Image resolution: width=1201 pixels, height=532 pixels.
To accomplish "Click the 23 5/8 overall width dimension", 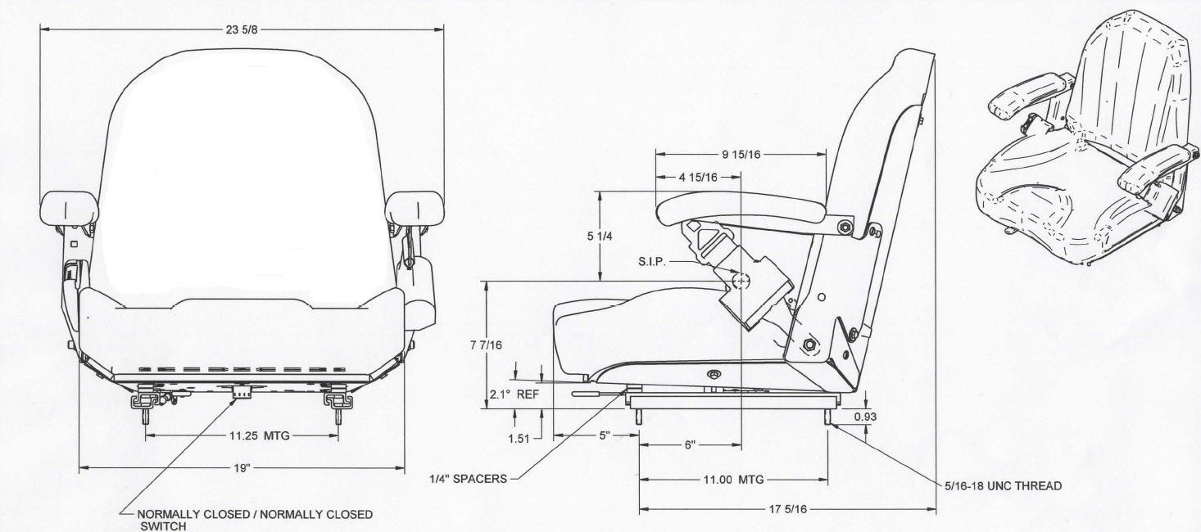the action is click(242, 29).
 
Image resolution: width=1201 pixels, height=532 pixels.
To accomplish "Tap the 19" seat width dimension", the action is click(242, 468).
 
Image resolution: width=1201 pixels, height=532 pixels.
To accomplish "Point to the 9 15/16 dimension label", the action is click(741, 155).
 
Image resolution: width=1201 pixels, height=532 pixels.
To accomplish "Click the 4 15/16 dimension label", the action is click(698, 178).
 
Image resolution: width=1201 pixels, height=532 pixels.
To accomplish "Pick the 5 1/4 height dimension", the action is click(600, 236).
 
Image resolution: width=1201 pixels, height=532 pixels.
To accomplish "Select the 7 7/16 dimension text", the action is click(487, 345).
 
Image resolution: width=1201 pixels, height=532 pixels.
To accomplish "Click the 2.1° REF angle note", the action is click(514, 394).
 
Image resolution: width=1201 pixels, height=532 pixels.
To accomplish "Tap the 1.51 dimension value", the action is click(519, 439).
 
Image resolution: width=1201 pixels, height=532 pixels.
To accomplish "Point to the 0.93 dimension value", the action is click(866, 417).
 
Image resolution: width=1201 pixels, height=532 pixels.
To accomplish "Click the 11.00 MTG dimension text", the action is click(733, 480).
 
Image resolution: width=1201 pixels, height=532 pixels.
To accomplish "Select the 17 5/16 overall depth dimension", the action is click(787, 509).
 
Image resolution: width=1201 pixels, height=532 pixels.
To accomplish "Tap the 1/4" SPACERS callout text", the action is click(468, 479).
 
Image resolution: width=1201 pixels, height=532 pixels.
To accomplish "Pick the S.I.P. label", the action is click(652, 262).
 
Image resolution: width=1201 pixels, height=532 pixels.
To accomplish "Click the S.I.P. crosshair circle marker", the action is click(741, 280).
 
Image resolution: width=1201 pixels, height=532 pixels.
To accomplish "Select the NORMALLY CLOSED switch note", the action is click(255, 520).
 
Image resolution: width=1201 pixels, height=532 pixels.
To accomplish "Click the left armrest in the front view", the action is click(70, 207).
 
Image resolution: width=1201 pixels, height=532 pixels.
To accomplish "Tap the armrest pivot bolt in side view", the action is click(845, 228).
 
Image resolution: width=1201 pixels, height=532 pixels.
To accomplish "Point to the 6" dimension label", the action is click(690, 444).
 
